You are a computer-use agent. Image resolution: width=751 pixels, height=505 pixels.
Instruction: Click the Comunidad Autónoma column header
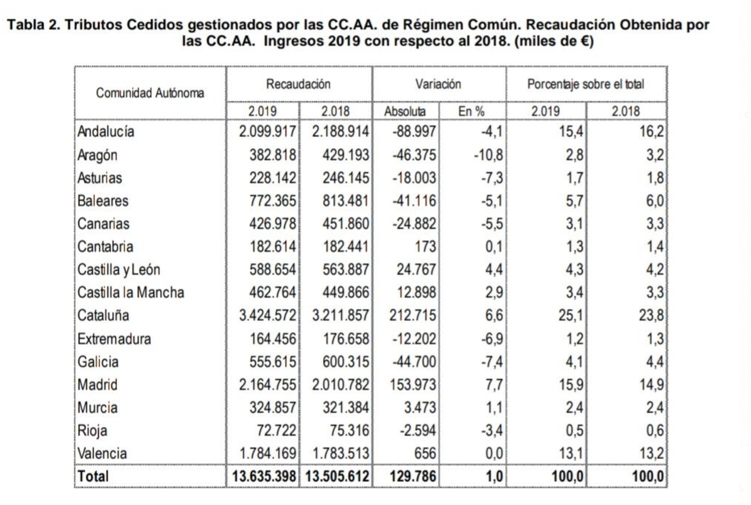point(150,93)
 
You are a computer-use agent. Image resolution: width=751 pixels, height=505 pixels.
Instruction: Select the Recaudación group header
point(298,84)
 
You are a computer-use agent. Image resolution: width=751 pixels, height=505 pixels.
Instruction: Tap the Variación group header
point(438,84)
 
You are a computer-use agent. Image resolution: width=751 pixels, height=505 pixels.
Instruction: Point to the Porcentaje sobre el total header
point(585,84)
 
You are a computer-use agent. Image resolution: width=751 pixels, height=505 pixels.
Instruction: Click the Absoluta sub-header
point(405,112)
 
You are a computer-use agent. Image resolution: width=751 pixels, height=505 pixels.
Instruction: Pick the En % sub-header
point(472,112)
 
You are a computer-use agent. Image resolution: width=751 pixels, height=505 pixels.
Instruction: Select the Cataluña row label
point(103,315)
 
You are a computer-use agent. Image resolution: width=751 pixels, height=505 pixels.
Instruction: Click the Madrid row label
point(97,384)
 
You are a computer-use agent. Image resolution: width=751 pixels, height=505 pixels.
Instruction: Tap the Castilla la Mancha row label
point(131,292)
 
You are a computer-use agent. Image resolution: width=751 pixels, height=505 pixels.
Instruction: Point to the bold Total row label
point(93,476)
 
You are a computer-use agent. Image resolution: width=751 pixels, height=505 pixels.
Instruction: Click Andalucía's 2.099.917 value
point(267,131)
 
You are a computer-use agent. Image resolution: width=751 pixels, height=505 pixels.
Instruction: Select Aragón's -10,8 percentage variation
point(488,155)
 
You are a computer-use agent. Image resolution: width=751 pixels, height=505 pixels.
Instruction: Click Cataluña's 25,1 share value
point(570,315)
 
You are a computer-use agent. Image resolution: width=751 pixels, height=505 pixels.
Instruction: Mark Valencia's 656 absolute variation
point(425,453)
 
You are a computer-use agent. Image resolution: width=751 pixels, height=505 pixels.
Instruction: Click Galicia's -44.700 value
point(414,362)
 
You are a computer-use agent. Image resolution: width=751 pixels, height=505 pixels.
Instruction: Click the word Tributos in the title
point(93,25)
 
